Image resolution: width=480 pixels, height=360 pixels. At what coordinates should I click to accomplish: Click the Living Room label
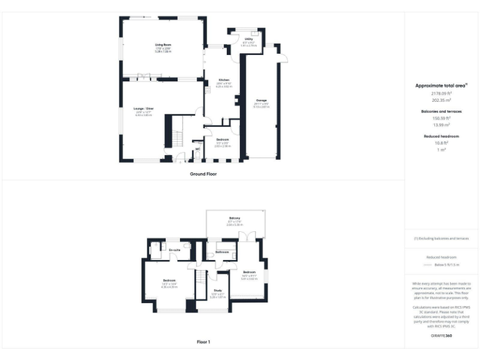163,45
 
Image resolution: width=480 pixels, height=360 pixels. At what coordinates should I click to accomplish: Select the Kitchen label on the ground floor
224,80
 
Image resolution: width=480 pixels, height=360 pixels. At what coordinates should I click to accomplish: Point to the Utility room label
249,39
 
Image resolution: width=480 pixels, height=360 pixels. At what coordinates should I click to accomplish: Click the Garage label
261,100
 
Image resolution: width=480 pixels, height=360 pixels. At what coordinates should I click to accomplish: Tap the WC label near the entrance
197,149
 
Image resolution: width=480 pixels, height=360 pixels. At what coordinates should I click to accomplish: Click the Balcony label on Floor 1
235,218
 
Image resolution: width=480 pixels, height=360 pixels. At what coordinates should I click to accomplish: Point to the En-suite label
174,250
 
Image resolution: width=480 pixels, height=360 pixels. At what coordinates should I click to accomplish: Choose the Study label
217,290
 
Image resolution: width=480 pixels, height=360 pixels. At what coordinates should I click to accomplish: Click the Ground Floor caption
203,173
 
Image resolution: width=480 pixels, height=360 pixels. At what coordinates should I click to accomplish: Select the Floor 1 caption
203,342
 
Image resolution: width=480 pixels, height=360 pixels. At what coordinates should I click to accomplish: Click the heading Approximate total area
441,85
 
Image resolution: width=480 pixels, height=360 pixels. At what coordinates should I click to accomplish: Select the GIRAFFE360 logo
442,336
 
